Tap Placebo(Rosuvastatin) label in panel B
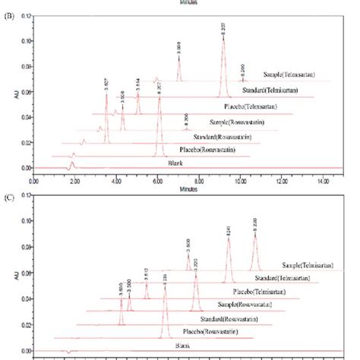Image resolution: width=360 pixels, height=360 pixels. click(x=202, y=150)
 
